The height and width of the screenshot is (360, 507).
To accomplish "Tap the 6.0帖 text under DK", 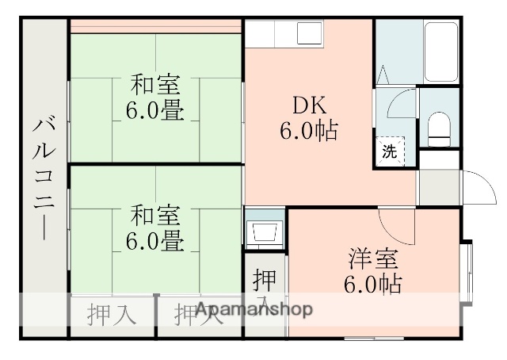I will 310,130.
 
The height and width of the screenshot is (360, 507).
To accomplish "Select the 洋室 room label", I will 372,259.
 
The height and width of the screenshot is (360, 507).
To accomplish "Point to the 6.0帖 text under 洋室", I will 372,283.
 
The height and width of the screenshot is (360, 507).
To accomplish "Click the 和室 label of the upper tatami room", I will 155,83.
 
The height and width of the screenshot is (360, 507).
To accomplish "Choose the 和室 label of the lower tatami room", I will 155,214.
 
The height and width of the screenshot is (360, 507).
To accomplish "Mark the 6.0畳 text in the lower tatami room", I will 155,239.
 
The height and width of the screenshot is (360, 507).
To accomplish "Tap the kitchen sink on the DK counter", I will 307,33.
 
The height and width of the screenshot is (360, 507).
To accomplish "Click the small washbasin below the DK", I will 264,231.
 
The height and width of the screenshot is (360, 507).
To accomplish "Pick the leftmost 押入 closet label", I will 112,315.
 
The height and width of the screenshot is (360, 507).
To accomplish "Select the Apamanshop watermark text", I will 253,309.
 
